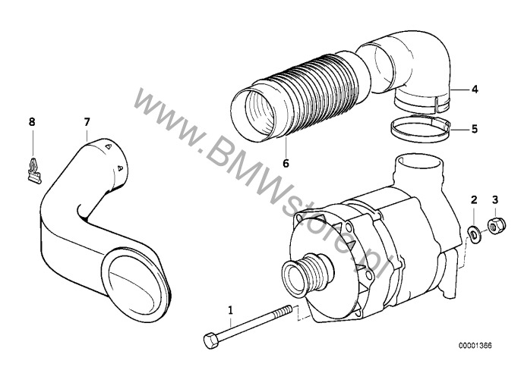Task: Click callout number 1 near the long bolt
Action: [x=230, y=310]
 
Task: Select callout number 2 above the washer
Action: [x=474, y=199]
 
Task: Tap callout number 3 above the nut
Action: [x=495, y=199]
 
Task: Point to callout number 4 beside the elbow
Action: [x=475, y=89]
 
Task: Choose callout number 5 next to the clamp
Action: [x=475, y=129]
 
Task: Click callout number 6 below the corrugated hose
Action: [x=286, y=163]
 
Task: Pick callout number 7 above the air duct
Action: [x=87, y=122]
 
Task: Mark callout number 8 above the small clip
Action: [x=32, y=122]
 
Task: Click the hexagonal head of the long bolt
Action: [x=211, y=340]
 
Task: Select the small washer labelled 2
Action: [x=472, y=232]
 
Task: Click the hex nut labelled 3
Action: [x=497, y=225]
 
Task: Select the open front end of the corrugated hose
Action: [x=253, y=114]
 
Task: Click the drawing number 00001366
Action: [x=475, y=346]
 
